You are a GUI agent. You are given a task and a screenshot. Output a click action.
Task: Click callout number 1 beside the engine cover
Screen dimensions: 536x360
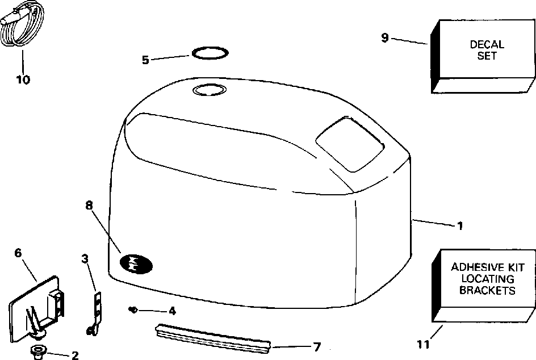(x=460, y=226)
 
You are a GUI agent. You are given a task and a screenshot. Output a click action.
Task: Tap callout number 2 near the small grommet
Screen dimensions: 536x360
(x=74, y=356)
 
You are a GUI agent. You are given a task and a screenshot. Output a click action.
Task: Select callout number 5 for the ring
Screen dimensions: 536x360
(x=145, y=60)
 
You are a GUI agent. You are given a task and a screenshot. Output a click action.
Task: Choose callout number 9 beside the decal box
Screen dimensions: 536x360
(x=384, y=38)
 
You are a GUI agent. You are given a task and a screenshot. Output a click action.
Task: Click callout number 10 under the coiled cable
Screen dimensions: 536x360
(x=23, y=79)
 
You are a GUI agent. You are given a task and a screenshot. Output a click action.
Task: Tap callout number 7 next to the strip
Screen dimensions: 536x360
(x=317, y=346)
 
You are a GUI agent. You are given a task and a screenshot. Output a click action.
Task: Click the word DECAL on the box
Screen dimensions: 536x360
(x=487, y=45)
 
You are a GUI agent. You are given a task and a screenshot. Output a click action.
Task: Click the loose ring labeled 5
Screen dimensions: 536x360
(x=211, y=53)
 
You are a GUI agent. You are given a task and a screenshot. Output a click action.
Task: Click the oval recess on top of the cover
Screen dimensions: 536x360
(x=210, y=90)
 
